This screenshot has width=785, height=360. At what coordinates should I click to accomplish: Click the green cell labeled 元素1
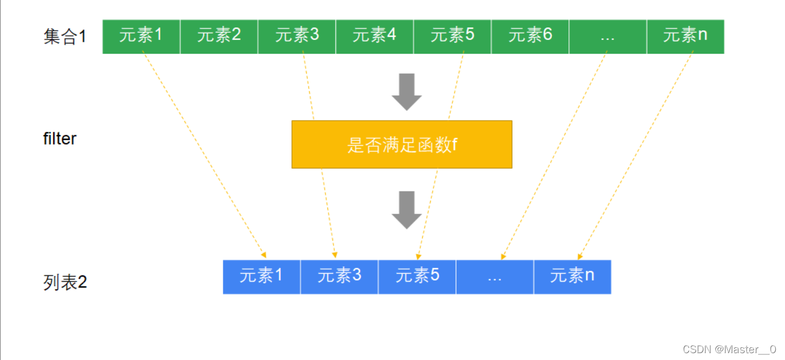[x=141, y=37]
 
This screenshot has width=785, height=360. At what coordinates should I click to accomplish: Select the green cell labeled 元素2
[x=219, y=37]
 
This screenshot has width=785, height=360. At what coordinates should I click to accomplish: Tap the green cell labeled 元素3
[x=297, y=37]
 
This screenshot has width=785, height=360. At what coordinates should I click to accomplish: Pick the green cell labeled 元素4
[x=374, y=37]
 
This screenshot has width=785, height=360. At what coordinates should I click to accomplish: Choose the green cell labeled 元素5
[x=452, y=37]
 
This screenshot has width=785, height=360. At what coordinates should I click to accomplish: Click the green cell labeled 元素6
[x=530, y=37]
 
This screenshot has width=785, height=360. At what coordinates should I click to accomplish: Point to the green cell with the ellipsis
[x=607, y=37]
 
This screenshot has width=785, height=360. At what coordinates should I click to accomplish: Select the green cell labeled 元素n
[x=685, y=37]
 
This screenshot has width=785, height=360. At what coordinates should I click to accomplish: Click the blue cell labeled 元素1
[x=261, y=277]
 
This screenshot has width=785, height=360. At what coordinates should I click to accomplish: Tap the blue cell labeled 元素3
[x=339, y=277]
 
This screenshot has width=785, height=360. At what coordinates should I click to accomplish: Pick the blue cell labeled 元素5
[x=417, y=277]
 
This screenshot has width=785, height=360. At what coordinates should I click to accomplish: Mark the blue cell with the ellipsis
[x=495, y=277]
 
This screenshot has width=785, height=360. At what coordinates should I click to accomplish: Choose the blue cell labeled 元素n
[x=572, y=277]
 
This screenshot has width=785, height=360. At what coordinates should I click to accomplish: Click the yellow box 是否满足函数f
[x=402, y=145]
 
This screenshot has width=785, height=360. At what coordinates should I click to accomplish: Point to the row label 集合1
[x=65, y=37]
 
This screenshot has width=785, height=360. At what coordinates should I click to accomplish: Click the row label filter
[x=59, y=139]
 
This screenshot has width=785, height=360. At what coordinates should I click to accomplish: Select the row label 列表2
[x=65, y=282]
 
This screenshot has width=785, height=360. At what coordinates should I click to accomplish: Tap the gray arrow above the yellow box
[x=406, y=92]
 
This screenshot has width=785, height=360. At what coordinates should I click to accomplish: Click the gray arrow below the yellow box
[x=406, y=210]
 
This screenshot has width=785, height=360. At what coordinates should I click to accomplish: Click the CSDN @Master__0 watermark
[x=726, y=349]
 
